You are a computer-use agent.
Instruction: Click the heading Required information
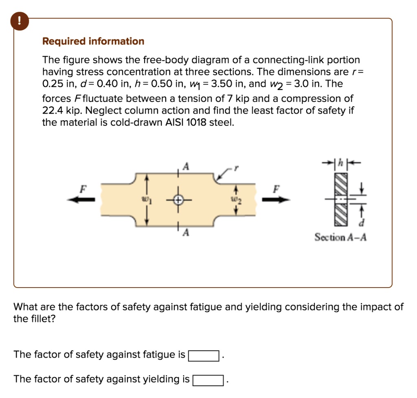[93, 42]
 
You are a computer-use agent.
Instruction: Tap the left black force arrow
[83, 200]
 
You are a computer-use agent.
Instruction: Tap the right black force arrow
[276, 200]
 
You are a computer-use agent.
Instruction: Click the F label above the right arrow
[277, 189]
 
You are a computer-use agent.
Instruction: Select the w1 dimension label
[143, 200]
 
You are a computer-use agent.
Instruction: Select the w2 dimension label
[235, 200]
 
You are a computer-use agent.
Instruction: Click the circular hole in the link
[178, 200]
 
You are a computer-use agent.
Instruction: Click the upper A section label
[187, 166]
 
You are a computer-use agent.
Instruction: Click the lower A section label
[187, 233]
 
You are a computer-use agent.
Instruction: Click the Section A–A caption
[340, 237]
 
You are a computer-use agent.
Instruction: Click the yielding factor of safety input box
[208, 380]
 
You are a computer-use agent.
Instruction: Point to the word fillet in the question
[41, 319]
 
